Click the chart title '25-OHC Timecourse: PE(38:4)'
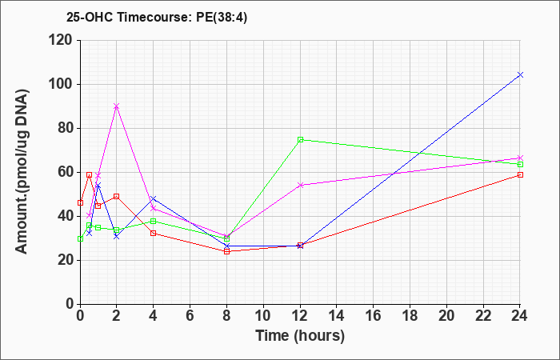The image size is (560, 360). click(157, 18)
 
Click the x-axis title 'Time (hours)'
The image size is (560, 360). click(300, 336)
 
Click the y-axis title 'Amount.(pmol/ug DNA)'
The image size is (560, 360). click(22, 171)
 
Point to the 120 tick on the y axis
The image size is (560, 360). click(62, 40)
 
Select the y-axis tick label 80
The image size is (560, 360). click(67, 128)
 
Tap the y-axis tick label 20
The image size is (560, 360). click(67, 260)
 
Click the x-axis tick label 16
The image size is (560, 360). click(374, 316)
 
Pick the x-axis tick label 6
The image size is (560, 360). click(190, 316)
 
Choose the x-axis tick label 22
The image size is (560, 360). click(483, 316)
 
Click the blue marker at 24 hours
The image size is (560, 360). click(520, 74)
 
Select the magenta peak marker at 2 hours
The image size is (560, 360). click(117, 106)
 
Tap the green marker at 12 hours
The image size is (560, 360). click(300, 140)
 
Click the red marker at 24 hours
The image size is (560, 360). click(520, 174)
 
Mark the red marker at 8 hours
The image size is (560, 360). click(226, 251)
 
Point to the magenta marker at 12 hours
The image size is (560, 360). click(300, 185)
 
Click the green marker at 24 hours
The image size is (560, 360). click(520, 164)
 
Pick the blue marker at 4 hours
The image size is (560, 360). click(154, 198)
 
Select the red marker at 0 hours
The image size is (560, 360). click(80, 203)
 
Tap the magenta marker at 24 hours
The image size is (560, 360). click(520, 158)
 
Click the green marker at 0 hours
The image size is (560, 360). click(80, 238)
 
